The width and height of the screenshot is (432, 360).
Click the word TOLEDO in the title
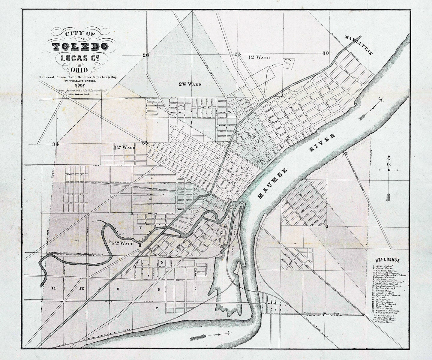[80, 46]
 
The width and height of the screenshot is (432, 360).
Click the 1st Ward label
[259, 57]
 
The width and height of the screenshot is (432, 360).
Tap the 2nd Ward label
[190, 84]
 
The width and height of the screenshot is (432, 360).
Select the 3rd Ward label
[124, 148]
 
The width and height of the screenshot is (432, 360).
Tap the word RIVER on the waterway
[322, 143]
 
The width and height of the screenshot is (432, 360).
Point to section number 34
[55, 144]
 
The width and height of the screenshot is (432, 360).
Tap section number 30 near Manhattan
[325, 53]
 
